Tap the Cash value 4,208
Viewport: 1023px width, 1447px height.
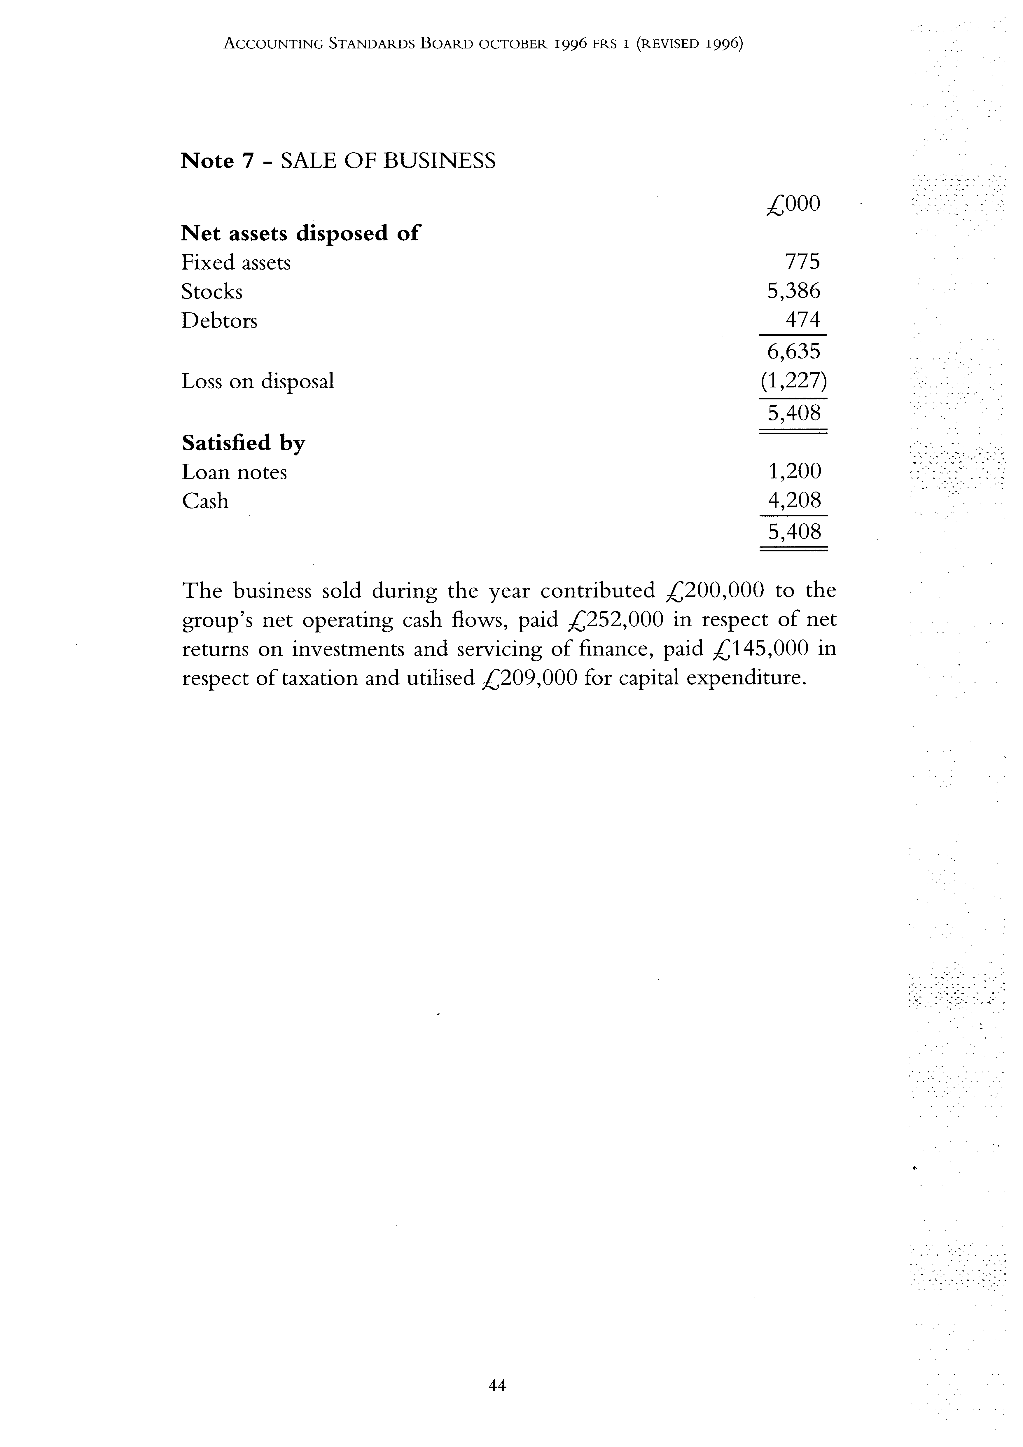click(x=793, y=500)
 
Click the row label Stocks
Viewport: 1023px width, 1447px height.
click(x=212, y=292)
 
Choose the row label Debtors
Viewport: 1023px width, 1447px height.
click(x=219, y=321)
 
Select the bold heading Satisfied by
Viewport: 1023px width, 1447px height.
click(x=243, y=443)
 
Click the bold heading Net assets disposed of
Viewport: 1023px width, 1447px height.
click(x=300, y=234)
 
